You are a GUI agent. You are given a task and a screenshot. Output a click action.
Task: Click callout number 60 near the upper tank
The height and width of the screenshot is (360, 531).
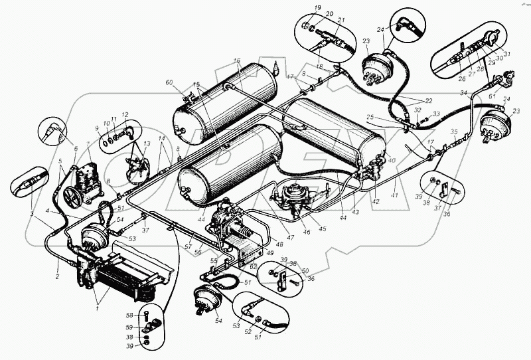click(169, 82)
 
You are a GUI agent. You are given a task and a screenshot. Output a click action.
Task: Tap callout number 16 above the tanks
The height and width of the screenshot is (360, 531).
click(236, 61)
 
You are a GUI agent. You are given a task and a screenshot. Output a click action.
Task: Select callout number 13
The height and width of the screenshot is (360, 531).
click(146, 143)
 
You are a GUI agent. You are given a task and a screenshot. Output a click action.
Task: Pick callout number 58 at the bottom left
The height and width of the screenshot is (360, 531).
click(131, 315)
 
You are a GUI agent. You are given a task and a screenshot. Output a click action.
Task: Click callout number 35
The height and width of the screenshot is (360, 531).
click(454, 132)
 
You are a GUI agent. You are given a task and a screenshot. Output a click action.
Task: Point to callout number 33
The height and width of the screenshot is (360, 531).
click(436, 114)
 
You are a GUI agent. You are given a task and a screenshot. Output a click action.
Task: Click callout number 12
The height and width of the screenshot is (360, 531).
click(125, 114)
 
